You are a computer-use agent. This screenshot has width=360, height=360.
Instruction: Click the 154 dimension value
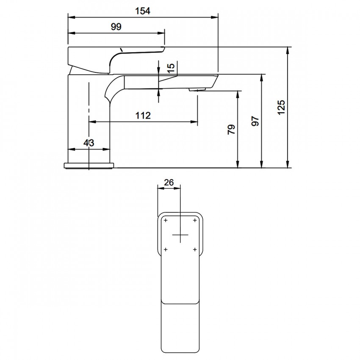(143, 11)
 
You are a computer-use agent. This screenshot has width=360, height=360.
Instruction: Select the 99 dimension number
(116, 27)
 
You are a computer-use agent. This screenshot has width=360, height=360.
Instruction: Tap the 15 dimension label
(171, 68)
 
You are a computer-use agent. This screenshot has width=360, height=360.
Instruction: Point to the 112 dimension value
(143, 116)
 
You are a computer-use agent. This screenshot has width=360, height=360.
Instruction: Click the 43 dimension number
(89, 143)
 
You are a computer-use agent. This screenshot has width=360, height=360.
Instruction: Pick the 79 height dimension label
(231, 129)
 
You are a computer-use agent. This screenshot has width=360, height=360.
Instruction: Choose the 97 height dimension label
(255, 121)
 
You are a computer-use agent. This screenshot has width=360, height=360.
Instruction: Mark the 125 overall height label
(281, 107)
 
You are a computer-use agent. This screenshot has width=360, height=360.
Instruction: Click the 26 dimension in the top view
(169, 183)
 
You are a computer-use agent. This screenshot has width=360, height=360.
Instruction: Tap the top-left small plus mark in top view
(166, 220)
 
